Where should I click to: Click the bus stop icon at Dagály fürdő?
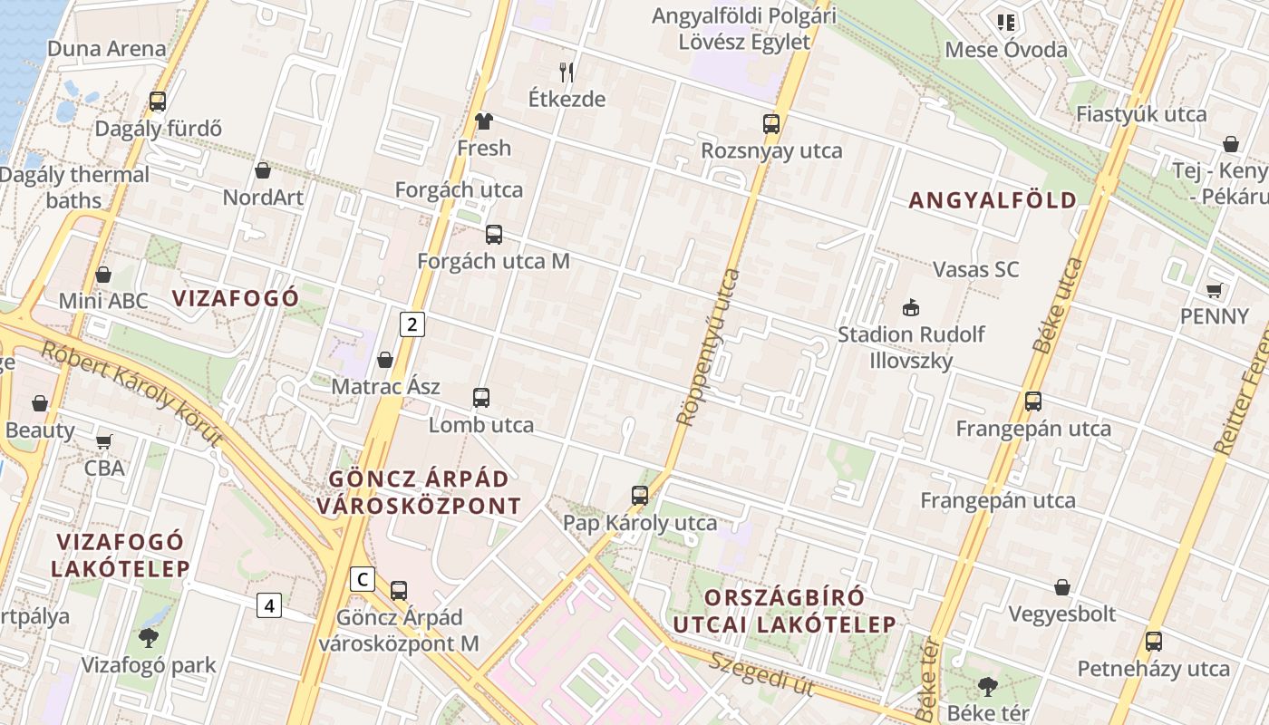click(158, 101)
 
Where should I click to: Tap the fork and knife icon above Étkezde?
click(567, 72)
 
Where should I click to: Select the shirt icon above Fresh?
click(483, 121)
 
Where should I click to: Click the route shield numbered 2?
click(412, 324)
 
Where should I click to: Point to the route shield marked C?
click(362, 579)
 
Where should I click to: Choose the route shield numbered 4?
click(268, 604)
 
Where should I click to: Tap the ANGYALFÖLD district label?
click(993, 200)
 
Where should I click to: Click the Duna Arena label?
click(107, 49)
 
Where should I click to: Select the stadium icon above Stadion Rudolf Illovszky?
click(911, 307)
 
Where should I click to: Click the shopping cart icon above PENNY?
click(1214, 290)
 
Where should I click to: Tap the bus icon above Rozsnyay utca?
click(771, 124)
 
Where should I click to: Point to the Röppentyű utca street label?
click(710, 346)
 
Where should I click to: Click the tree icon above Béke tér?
click(988, 686)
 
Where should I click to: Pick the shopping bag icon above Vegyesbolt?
click(1062, 587)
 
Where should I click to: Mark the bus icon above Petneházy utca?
click(1153, 642)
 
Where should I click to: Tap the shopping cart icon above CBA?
click(104, 441)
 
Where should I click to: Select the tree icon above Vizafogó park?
click(149, 638)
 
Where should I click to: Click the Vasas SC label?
click(975, 269)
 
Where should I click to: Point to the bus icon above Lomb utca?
click(481, 397)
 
